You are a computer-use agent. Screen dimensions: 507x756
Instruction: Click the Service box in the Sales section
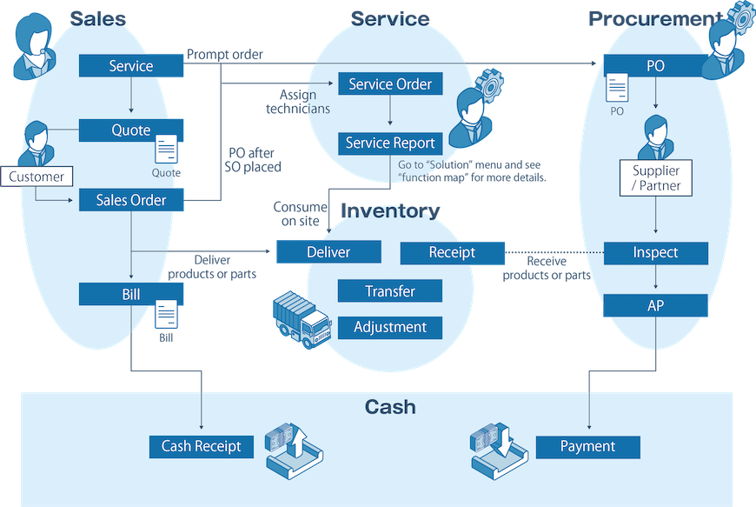(x=130, y=66)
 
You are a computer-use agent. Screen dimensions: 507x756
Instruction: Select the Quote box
(x=130, y=130)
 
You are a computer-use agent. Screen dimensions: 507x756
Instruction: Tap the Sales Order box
(x=130, y=200)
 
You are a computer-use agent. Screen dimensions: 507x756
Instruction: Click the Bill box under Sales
(x=130, y=294)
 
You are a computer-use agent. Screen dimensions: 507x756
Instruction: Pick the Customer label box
(x=36, y=177)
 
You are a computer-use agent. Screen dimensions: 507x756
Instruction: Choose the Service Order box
(x=390, y=84)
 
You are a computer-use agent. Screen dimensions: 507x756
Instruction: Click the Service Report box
(x=390, y=143)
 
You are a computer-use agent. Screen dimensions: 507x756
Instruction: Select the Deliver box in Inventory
(x=328, y=252)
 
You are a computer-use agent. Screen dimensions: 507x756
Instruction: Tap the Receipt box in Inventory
(x=452, y=252)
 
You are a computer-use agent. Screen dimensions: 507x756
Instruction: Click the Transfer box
(x=389, y=291)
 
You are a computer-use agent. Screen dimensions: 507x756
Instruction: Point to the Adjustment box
(x=389, y=327)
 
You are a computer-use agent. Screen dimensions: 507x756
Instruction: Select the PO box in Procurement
(x=655, y=66)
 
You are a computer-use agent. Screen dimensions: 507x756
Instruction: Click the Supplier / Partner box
(x=655, y=178)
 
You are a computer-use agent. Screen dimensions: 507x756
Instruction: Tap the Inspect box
(x=655, y=253)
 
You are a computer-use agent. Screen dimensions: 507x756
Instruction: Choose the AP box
(x=655, y=305)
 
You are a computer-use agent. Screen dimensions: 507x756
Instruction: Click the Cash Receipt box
(x=201, y=447)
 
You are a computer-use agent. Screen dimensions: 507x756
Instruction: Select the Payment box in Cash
(x=587, y=447)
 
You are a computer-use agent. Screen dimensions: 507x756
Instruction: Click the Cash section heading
(x=389, y=408)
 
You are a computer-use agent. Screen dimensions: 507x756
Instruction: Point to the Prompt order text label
(x=225, y=55)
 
